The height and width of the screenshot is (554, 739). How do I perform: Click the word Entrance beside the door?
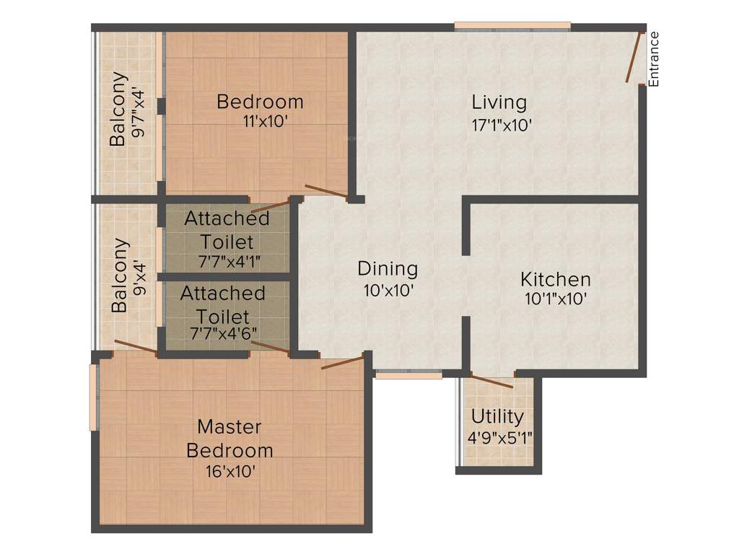[654, 58]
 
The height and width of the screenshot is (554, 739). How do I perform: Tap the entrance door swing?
[633, 58]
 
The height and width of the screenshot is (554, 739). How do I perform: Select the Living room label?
[499, 102]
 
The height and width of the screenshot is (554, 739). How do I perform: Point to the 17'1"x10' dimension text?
[502, 124]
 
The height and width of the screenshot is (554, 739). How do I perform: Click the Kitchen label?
[556, 279]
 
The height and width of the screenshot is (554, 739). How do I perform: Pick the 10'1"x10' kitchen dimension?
[556, 299]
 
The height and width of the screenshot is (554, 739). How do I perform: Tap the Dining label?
[388, 269]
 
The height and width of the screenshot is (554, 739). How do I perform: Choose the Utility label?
[497, 416]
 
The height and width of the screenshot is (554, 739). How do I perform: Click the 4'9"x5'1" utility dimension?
[499, 437]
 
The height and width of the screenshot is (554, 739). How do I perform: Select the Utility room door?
[491, 381]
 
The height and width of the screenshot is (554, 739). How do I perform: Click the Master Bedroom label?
[229, 439]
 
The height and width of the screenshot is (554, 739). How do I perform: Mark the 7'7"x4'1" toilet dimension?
[227, 260]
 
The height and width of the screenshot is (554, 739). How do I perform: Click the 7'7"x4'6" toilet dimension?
[224, 334]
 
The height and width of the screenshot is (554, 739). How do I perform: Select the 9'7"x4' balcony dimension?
[141, 109]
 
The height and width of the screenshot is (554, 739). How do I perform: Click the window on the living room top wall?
[512, 27]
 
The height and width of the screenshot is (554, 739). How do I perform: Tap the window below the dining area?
[409, 375]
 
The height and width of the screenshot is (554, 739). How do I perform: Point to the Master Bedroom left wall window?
[93, 397]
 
